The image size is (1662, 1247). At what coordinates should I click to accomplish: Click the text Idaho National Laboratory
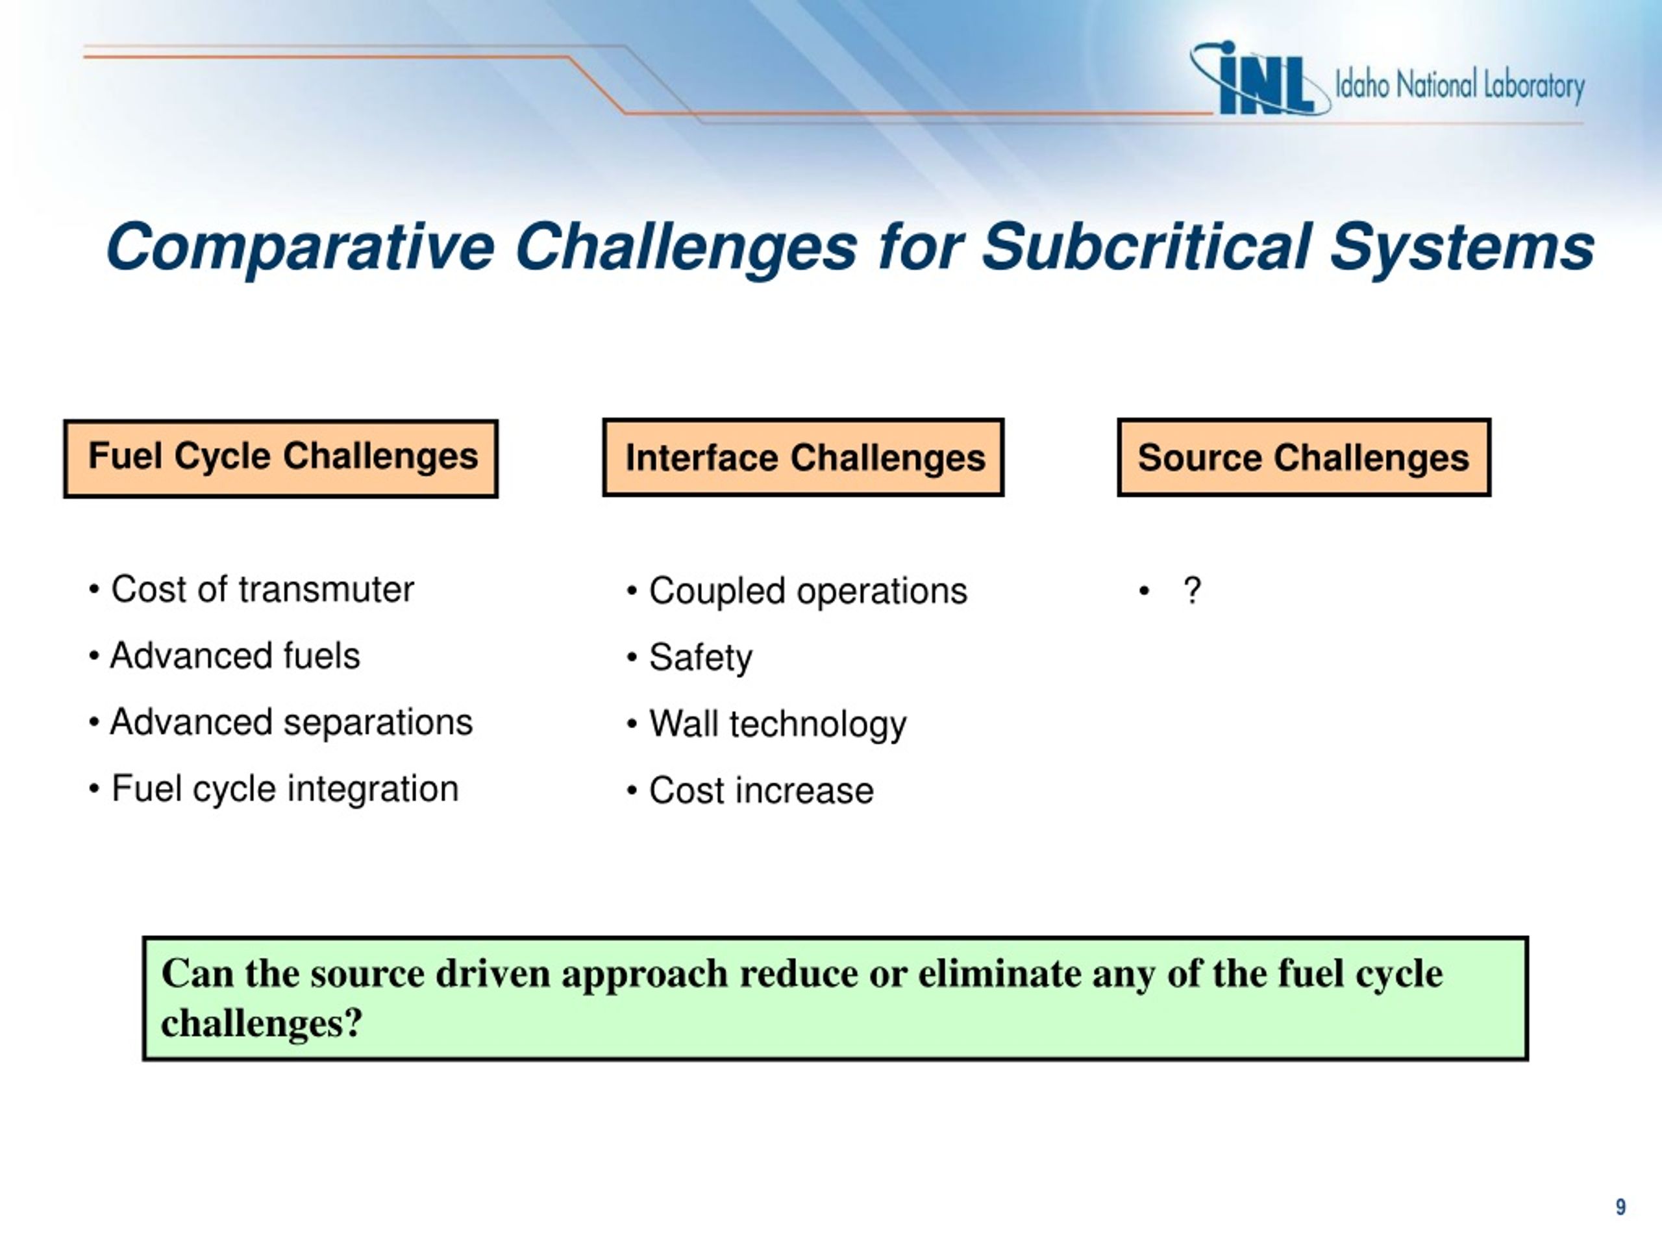pos(1460,86)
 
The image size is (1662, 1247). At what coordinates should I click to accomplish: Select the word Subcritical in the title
pos(1147,247)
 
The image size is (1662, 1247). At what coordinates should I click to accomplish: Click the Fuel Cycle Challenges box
pos(281,459)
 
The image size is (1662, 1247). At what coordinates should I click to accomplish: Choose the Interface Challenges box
pos(803,457)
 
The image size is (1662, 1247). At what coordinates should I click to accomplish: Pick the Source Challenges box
pos(1304,457)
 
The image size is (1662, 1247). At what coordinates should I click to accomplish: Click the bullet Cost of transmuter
pos(251,589)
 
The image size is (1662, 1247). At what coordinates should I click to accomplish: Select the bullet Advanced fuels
pos(224,655)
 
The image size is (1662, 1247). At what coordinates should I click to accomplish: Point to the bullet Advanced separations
pos(280,722)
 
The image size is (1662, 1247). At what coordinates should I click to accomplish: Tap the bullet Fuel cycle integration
pos(273,789)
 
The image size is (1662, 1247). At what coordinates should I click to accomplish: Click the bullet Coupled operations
pos(797,592)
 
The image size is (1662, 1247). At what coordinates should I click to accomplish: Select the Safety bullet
pos(689,658)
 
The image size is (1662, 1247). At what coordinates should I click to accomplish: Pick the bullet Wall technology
pos(766,725)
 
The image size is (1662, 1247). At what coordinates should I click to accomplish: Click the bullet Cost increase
pos(750,791)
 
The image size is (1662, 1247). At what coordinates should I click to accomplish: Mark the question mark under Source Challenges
pos(1192,591)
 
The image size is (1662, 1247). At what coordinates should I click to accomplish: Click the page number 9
pos(1620,1207)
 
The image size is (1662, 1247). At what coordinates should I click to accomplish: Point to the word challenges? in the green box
pos(262,1024)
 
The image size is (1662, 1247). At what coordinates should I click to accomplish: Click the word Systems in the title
pos(1461,248)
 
